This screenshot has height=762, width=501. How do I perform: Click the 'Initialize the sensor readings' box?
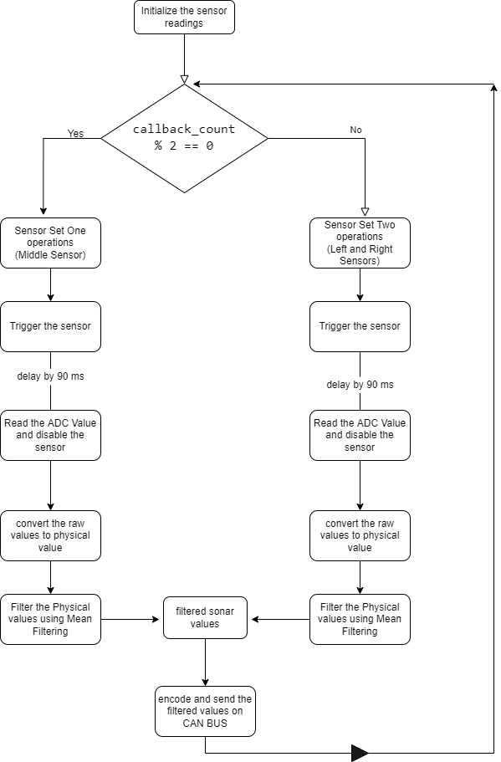point(184,18)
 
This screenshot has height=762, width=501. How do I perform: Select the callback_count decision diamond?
point(184,139)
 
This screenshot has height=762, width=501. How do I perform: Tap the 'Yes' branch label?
point(75,133)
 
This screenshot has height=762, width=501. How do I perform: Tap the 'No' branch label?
point(355,130)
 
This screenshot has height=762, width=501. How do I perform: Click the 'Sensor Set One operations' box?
point(50,243)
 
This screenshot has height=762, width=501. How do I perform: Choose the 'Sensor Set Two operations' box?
point(360,243)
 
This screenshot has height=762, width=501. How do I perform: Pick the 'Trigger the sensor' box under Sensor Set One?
point(50,326)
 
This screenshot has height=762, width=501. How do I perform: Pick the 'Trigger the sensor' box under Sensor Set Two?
point(360,326)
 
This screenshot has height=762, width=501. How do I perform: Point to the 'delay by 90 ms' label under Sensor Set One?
point(50,376)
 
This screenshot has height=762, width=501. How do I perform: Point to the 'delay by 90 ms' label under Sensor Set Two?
point(360,385)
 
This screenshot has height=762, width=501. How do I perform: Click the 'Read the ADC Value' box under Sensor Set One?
point(50,436)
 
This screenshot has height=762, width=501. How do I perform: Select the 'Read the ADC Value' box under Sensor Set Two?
point(360,436)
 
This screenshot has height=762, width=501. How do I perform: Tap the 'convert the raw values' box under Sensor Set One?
point(50,535)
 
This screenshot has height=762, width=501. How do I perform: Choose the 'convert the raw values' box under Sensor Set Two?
point(360,535)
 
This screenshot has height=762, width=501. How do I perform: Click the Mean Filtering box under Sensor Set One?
point(50,620)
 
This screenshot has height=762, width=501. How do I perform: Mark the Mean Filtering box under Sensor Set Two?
point(360,620)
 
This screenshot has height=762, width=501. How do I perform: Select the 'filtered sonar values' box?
point(205,617)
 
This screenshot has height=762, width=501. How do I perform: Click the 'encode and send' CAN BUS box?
point(205,712)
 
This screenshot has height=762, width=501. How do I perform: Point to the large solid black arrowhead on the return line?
point(360,753)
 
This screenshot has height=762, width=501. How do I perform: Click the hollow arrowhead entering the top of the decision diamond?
point(184,79)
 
